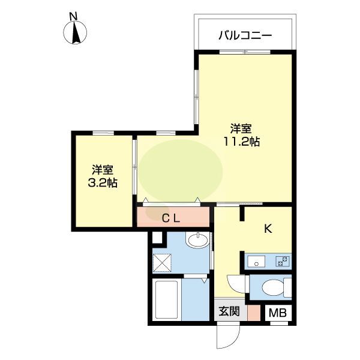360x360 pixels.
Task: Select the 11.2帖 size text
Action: click(242, 142)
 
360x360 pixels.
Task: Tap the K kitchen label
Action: click(269, 228)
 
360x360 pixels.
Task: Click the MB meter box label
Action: click(277, 313)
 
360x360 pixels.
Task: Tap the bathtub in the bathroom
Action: click(166, 300)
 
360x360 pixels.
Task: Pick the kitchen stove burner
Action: click(281, 261)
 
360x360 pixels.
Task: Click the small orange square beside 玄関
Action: click(254, 312)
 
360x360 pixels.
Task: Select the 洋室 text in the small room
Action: click(103, 170)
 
